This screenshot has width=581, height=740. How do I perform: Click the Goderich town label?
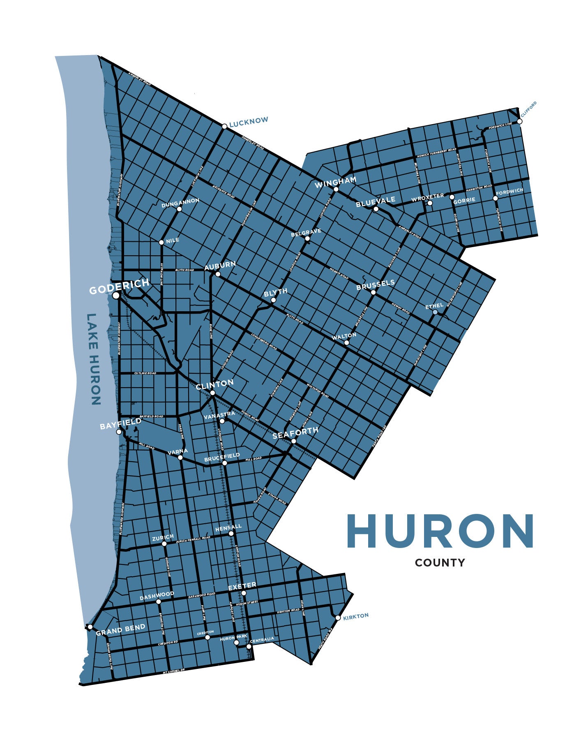119,286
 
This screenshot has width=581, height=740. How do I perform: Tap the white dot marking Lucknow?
224,126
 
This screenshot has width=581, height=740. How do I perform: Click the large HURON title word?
440,531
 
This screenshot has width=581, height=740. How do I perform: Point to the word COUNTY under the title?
440,563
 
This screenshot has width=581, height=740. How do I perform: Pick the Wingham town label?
335,182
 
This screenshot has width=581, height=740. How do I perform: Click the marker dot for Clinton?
212,393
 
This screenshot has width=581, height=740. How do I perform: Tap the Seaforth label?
295,432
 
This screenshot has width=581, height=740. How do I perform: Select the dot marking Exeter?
244,593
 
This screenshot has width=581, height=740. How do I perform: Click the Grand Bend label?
120,629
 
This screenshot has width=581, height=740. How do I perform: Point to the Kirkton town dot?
338,618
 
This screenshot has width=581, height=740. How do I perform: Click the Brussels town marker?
373,292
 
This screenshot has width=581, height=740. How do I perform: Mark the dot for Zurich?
164,543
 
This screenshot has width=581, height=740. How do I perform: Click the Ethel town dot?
435,312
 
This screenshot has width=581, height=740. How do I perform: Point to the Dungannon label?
180,203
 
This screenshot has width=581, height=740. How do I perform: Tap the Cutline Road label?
145,373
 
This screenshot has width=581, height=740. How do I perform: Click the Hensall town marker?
231,533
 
